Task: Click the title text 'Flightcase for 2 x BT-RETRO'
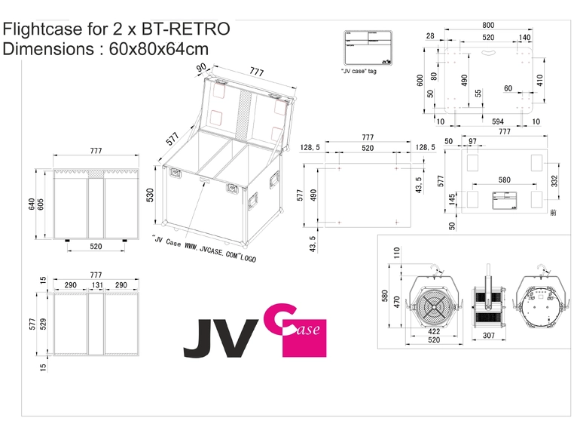coord(116,29)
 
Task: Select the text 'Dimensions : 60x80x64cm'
coord(106,49)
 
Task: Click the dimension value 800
coord(489,25)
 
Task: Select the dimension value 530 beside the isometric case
coord(150,195)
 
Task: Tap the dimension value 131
coord(96,284)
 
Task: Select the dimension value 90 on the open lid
coord(202,67)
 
